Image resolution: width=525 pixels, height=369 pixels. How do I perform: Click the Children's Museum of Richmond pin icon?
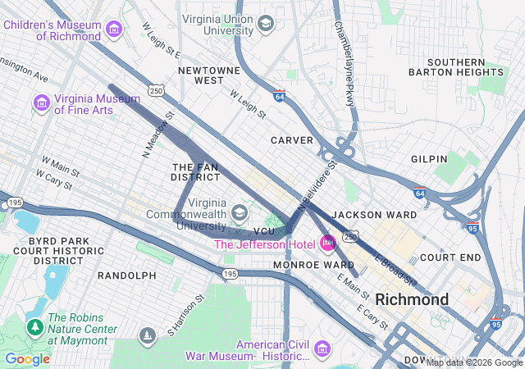click(x=114, y=30)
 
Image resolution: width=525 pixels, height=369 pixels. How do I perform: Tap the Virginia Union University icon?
click(x=265, y=24)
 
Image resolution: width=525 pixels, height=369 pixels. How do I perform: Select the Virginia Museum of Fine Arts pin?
click(x=41, y=104)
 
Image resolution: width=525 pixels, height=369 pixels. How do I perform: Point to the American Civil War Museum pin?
click(x=321, y=350)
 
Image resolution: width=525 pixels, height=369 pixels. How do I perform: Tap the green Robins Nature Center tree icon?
click(x=35, y=328)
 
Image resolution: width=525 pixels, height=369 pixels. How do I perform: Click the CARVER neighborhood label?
click(x=292, y=140)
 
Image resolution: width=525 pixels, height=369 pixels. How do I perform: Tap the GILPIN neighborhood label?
click(x=430, y=158)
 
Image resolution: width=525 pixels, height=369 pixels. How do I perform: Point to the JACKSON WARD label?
click(x=369, y=215)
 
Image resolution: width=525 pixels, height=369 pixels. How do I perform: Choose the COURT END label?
click(x=450, y=257)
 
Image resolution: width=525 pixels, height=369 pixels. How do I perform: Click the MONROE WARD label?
click(x=313, y=266)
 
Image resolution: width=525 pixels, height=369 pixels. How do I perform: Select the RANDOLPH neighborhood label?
click(x=126, y=276)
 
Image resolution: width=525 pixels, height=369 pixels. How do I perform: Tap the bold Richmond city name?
click(x=413, y=299)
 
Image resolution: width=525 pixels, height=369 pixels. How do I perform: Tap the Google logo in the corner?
click(x=27, y=359)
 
